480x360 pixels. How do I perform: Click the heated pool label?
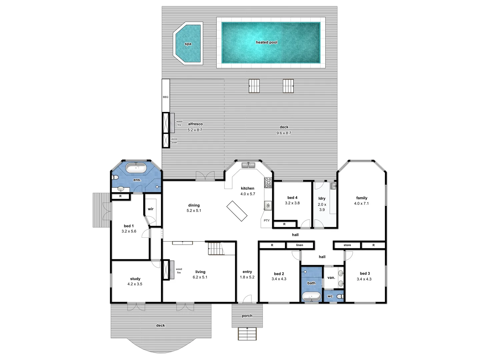(266, 42)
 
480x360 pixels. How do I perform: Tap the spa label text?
(188, 44)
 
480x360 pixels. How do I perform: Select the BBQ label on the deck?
(166, 97)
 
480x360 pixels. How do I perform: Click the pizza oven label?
(174, 141)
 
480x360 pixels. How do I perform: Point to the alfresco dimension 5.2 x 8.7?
(195, 130)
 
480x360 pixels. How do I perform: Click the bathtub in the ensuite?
(136, 168)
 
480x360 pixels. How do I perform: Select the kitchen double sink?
(248, 165)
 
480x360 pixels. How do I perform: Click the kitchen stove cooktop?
(268, 183)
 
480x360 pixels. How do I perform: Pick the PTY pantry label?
(267, 221)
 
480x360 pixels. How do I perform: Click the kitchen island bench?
(237, 211)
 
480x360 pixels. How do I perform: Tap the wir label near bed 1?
(151, 209)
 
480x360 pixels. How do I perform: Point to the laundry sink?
(333, 186)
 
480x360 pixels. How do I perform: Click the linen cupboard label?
(300, 245)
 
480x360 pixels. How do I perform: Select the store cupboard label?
(347, 245)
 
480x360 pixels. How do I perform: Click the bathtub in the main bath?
(311, 296)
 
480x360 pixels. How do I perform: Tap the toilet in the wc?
(340, 296)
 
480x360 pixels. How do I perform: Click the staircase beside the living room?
(215, 249)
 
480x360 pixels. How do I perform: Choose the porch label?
(247, 316)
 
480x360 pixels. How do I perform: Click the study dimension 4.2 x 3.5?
(135, 284)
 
